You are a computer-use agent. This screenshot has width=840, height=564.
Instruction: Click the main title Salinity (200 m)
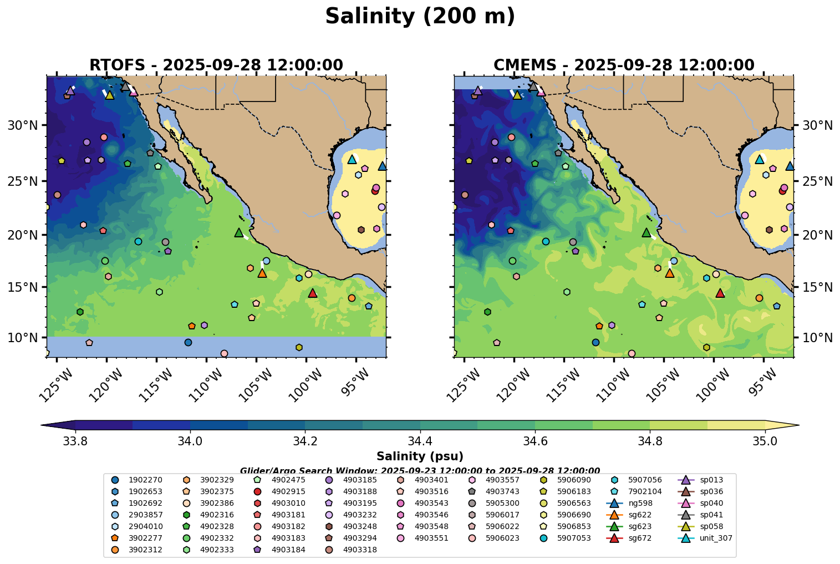[420, 17]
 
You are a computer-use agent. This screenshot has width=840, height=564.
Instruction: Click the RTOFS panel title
[216, 65]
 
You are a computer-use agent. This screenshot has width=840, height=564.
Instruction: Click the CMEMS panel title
[624, 65]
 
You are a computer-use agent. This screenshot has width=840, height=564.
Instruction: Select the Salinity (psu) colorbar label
[420, 456]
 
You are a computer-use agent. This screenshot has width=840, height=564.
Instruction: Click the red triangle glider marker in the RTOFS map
[312, 293]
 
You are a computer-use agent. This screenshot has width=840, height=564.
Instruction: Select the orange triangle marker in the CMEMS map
[669, 273]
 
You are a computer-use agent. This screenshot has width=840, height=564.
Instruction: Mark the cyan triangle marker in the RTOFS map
[352, 159]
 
